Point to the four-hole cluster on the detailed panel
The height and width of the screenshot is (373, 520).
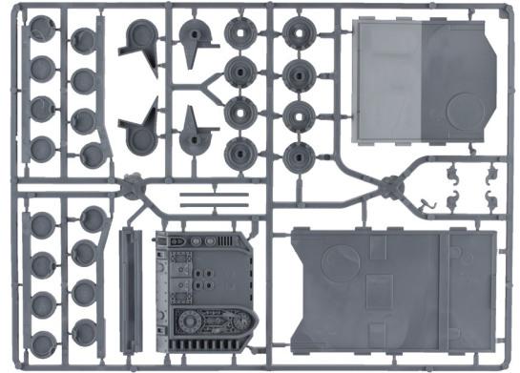click(202, 277)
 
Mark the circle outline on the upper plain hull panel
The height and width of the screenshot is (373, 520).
click(459, 109)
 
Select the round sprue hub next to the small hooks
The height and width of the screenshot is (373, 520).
click(390, 186)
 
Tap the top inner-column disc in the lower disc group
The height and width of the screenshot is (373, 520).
click(93, 218)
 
